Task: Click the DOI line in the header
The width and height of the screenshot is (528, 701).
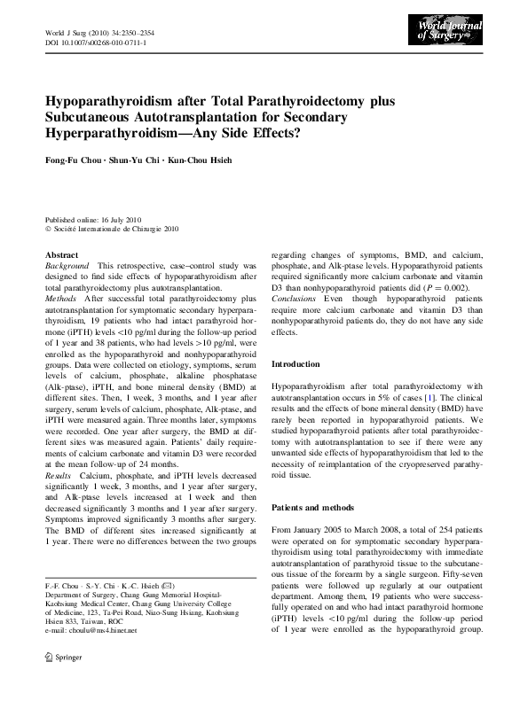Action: [x=96, y=42]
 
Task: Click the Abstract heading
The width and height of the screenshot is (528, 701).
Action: [x=60, y=254]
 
